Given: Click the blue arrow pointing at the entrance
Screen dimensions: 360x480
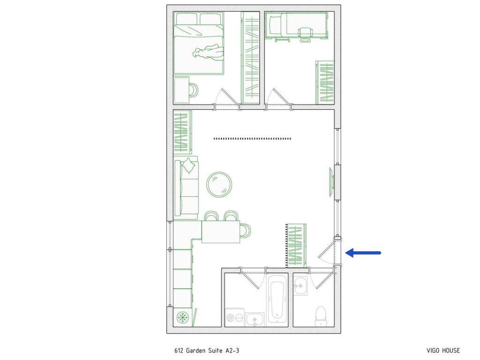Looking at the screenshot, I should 363,253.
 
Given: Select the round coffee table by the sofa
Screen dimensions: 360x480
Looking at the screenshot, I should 219,184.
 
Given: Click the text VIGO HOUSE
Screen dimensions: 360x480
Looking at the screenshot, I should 443,350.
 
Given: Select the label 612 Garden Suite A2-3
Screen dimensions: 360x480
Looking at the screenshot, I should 210,350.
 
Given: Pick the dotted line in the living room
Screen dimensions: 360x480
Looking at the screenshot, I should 252,138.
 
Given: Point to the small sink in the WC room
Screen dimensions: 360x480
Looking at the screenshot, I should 300,285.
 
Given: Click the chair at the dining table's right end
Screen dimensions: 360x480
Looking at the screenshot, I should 246,230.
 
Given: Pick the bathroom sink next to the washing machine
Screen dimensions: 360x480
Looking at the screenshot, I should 255,319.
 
